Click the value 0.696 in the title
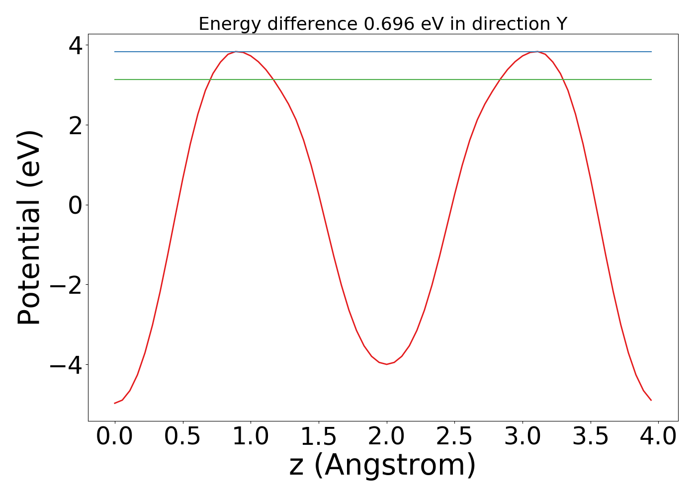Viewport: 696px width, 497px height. (389, 24)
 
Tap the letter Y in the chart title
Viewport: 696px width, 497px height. (562, 24)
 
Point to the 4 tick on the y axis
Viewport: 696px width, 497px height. (76, 46)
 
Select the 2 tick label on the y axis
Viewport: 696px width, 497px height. (76, 125)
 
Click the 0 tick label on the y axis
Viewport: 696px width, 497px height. (76, 205)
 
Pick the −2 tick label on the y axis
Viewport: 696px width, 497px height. (68, 285)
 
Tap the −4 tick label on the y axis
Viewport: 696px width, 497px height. (68, 365)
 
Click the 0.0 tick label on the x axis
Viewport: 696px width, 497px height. (115, 437)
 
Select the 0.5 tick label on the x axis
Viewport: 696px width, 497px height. (183, 437)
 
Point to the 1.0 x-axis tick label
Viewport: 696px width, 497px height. (251, 437)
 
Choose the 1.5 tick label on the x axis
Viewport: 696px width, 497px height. (319, 437)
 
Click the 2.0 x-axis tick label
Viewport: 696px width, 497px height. (387, 437)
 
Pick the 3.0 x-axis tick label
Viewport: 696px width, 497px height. (522, 437)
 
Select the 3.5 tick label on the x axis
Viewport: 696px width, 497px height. (591, 437)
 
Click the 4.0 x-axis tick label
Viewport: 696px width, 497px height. (658, 437)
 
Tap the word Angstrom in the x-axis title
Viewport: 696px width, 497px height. (395, 466)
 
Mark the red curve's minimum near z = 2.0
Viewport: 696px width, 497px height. (387, 364)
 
